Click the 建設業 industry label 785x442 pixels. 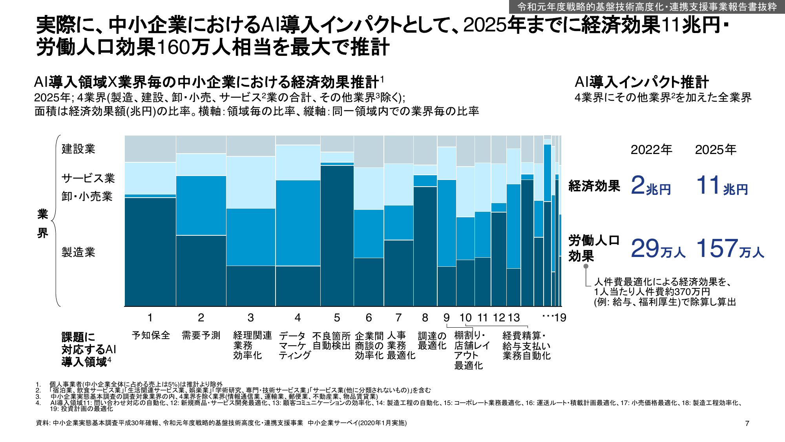(x=78, y=149)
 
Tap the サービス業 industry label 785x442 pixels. (x=88, y=178)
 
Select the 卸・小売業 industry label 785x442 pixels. (x=87, y=196)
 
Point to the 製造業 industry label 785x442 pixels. (x=78, y=252)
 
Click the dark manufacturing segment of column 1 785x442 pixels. (x=150, y=251)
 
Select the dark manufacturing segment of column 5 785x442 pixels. (x=337, y=236)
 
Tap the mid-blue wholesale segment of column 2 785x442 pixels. (x=201, y=205)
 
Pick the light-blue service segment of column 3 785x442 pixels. (x=251, y=182)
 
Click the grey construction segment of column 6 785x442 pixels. (x=369, y=152)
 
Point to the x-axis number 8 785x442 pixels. (x=425, y=317)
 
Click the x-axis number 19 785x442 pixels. (x=560, y=317)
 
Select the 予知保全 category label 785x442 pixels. (x=151, y=336)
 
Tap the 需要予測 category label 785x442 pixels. (x=201, y=336)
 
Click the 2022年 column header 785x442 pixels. (x=651, y=150)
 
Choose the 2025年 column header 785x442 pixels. (x=716, y=150)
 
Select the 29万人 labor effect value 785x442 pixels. (x=658, y=249)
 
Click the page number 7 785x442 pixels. (x=747, y=423)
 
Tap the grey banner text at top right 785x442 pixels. (x=647, y=7)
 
